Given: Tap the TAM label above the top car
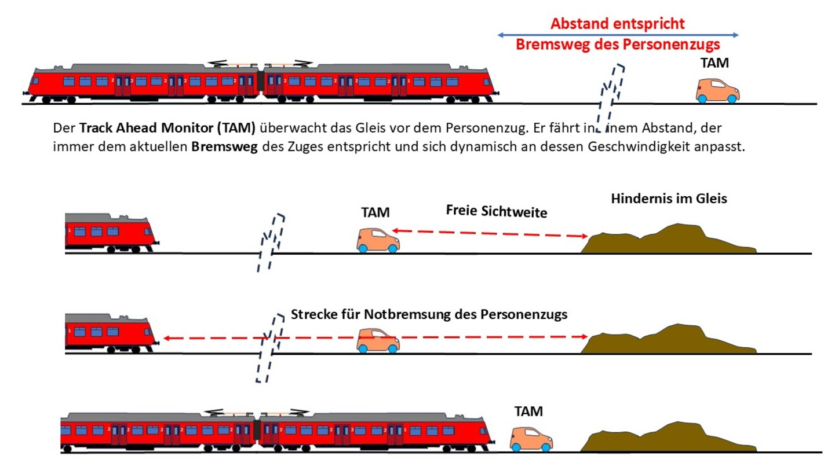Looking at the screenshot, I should (x=715, y=63).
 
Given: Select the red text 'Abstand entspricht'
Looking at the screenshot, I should (x=618, y=24).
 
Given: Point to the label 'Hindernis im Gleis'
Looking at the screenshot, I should (x=669, y=199).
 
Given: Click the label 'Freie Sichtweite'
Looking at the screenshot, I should (x=497, y=212).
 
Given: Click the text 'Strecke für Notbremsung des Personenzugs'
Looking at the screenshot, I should (x=429, y=315).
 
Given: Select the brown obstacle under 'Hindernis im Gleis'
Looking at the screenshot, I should (x=669, y=239).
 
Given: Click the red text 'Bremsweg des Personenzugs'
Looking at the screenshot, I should (x=618, y=45).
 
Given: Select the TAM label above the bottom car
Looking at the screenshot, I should (x=528, y=411).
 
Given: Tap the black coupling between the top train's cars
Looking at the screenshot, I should (x=261, y=82).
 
